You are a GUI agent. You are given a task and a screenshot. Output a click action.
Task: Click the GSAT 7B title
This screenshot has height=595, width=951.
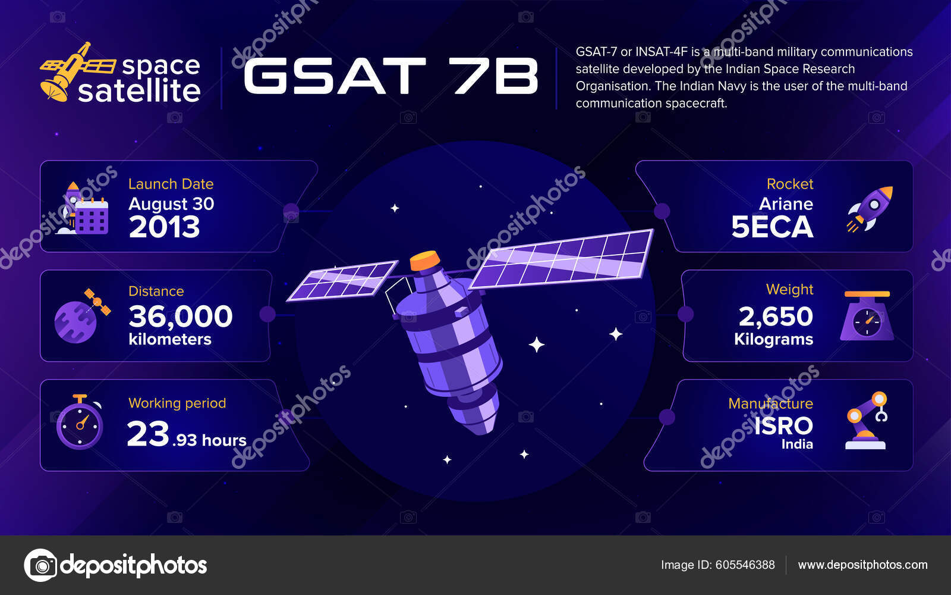pyautogui.click(x=391, y=76)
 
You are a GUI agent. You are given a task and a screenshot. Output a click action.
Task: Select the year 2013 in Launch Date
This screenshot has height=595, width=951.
pyautogui.click(x=164, y=227)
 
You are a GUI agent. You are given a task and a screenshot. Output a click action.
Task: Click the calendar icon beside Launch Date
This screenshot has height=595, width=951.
pyautogui.click(x=91, y=217)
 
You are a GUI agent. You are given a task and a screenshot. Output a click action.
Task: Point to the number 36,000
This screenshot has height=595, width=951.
pyautogui.click(x=180, y=317)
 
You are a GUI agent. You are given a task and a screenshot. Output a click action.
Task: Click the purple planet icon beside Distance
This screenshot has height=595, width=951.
pyautogui.click(x=75, y=322)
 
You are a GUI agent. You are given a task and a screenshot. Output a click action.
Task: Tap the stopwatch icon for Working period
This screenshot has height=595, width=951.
pyautogui.click(x=80, y=423)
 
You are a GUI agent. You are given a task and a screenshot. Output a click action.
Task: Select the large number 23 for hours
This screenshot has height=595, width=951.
pyautogui.click(x=149, y=434)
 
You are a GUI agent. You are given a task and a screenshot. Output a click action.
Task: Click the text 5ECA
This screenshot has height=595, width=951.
pyautogui.click(x=771, y=227)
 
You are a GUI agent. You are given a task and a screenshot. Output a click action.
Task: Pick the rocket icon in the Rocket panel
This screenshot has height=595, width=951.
pyautogui.click(x=870, y=208)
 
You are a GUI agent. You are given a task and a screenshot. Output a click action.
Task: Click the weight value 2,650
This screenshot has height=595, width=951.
pyautogui.click(x=776, y=317)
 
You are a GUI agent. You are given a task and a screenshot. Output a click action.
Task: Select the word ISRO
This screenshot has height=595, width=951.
pyautogui.click(x=783, y=426)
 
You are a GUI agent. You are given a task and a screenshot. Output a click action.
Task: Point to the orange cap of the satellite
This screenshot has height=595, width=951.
pyautogui.click(x=425, y=260)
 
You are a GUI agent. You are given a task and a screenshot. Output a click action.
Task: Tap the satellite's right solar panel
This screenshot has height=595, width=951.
pyautogui.click(x=562, y=259)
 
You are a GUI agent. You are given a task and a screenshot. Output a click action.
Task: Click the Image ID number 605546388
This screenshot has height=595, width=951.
pyautogui.click(x=745, y=565)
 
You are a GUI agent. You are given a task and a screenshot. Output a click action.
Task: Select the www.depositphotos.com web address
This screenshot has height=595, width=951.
pyautogui.click(x=862, y=565)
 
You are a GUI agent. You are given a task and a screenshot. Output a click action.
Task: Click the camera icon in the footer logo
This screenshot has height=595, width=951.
pyautogui.click(x=40, y=565)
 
